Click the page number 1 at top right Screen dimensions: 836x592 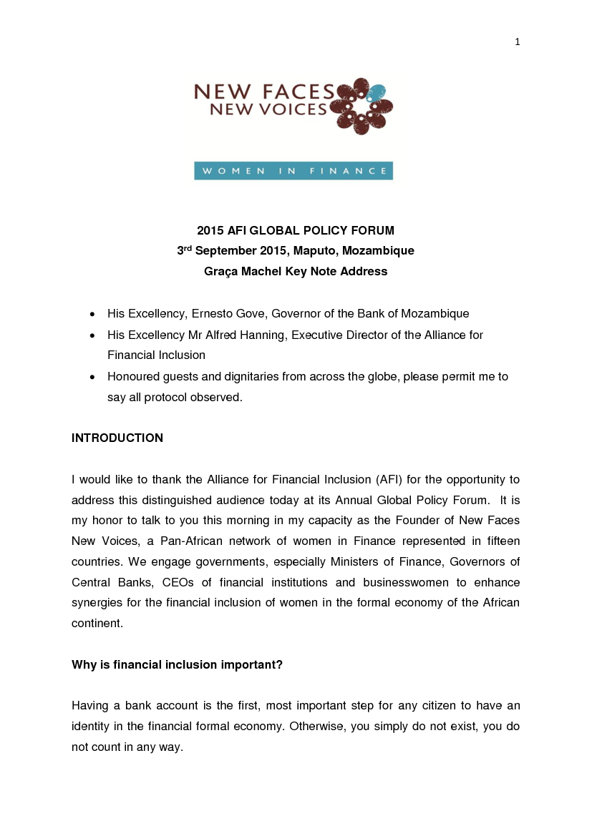pyautogui.click(x=517, y=42)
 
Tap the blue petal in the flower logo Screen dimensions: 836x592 pyautogui.click(x=377, y=92)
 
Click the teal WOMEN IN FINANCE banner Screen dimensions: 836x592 pyautogui.click(x=293, y=171)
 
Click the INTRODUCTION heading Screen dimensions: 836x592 pyautogui.click(x=117, y=438)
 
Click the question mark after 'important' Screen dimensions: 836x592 pyautogui.click(x=279, y=665)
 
